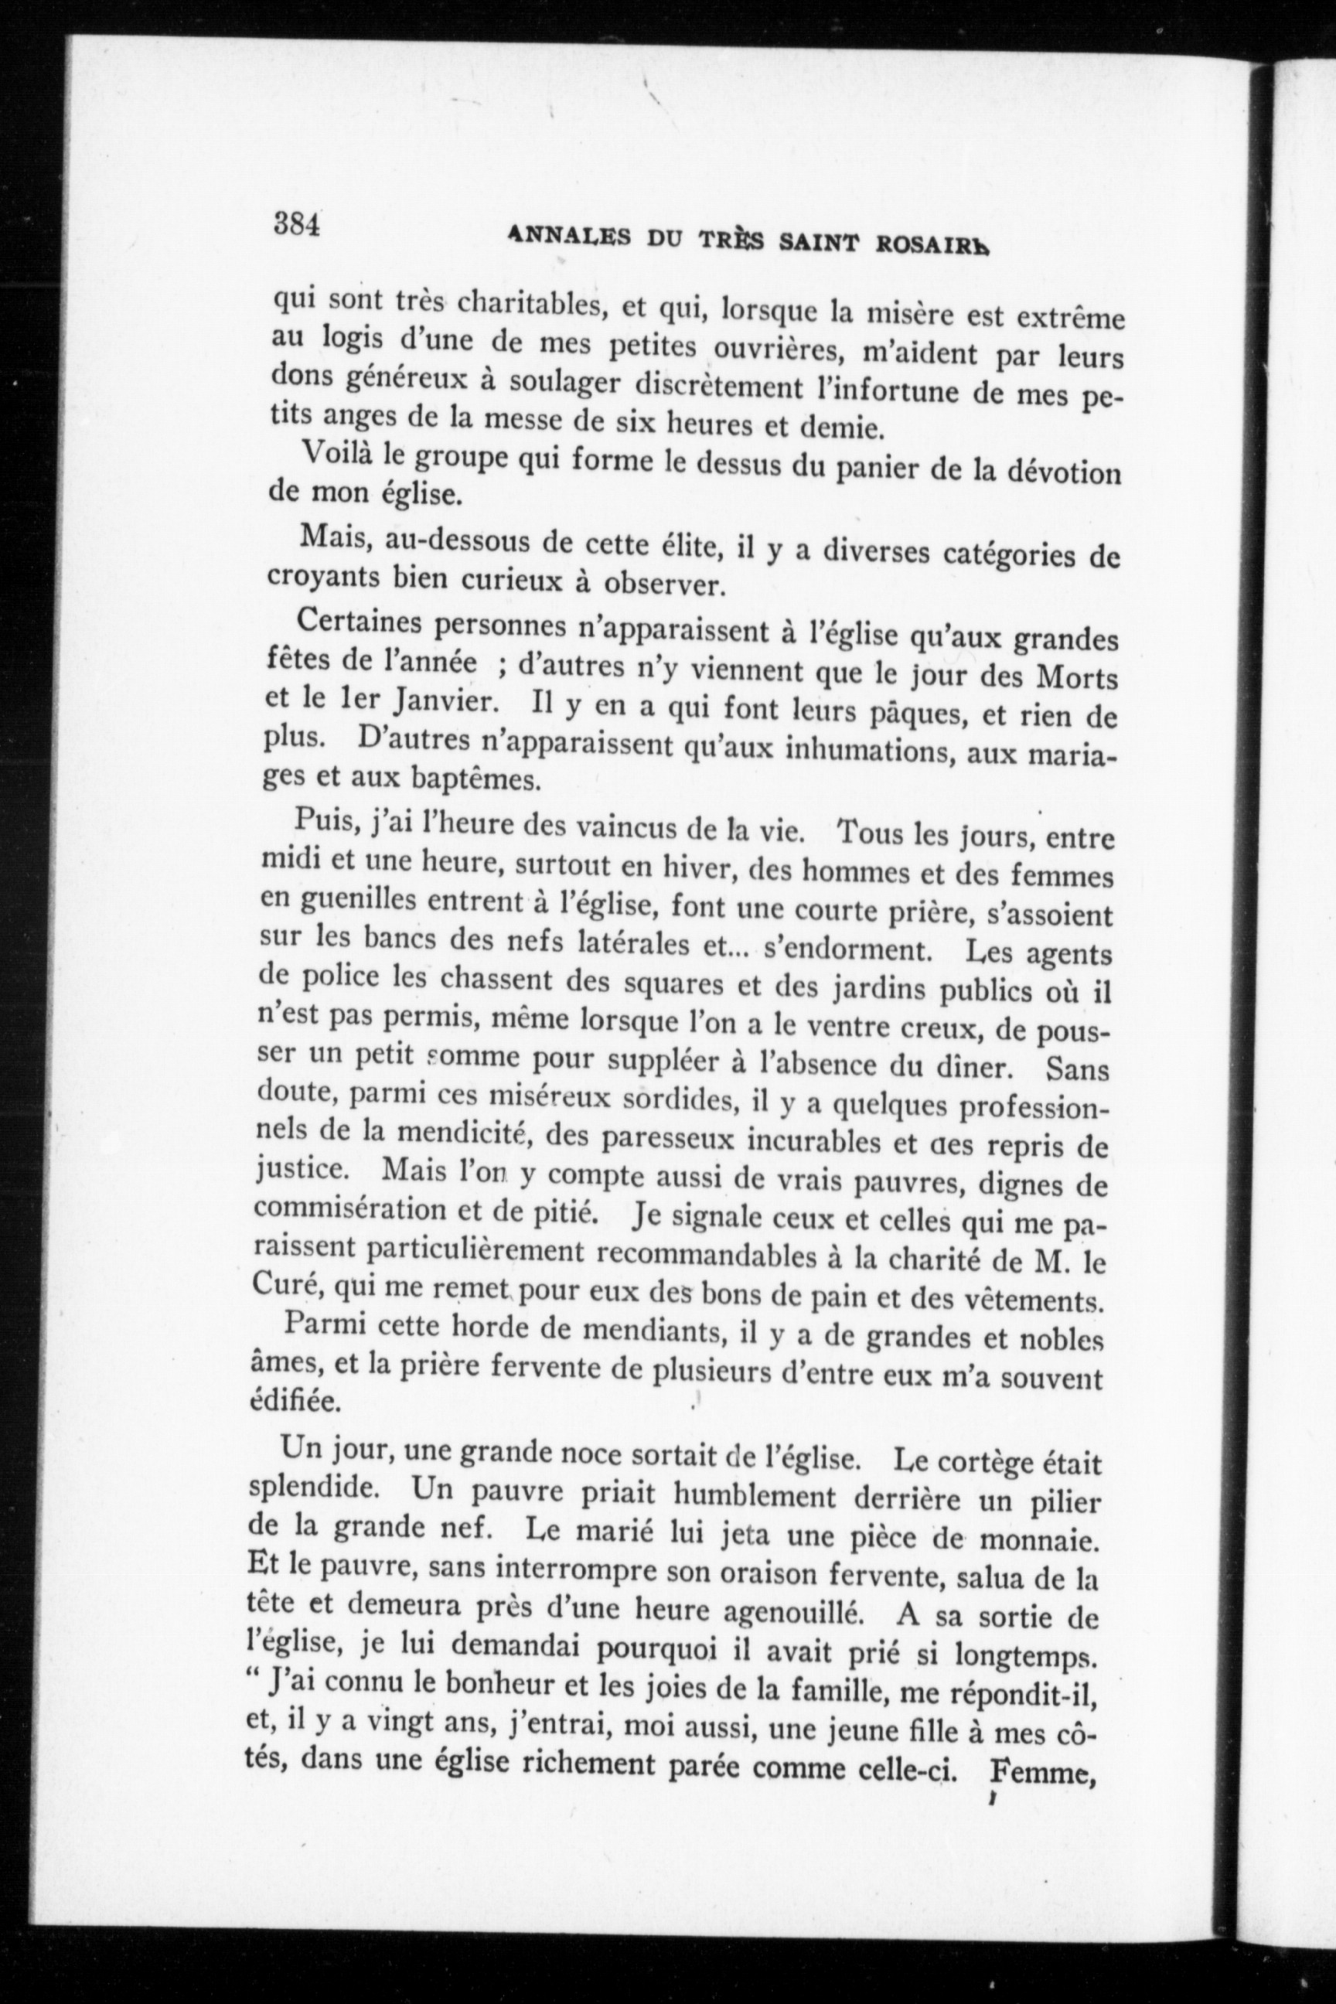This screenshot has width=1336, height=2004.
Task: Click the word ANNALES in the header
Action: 568,237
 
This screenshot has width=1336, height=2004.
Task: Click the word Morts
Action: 1075,677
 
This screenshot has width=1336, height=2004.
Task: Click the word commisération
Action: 356,1209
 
